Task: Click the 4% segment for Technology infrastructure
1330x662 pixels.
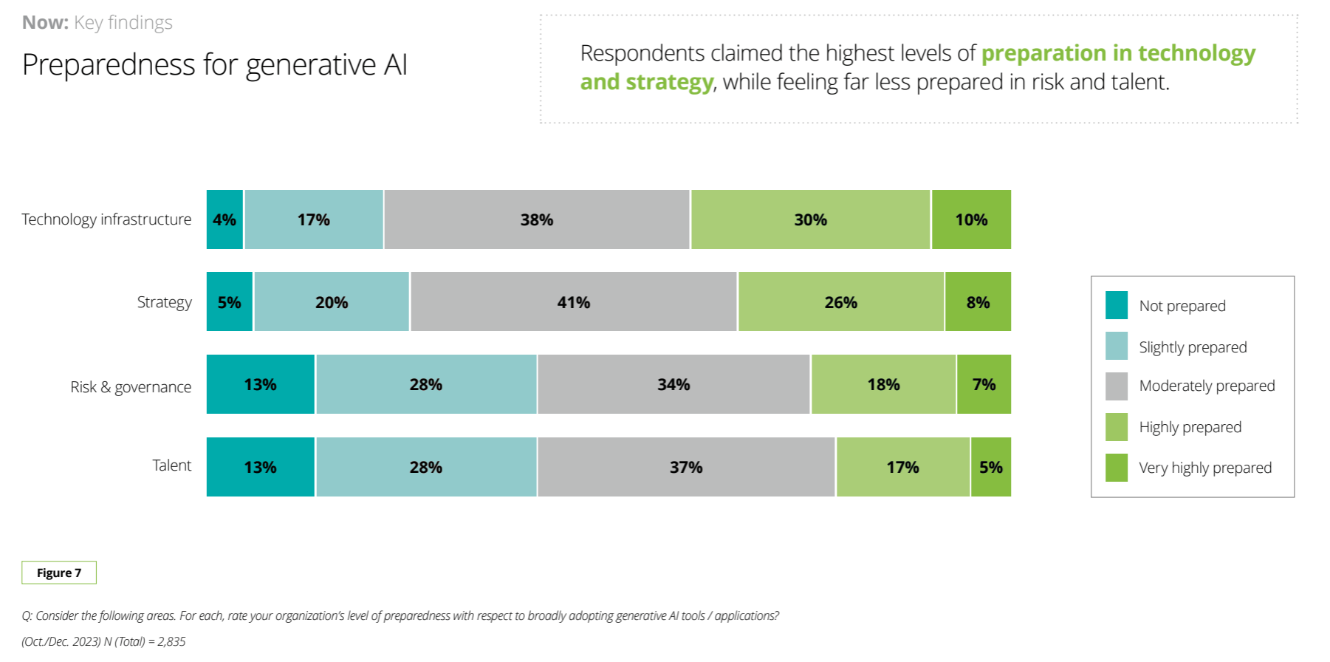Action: (224, 219)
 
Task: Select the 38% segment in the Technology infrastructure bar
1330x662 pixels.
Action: (537, 219)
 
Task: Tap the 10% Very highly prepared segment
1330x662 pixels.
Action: (971, 219)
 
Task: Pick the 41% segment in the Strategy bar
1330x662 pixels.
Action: (574, 302)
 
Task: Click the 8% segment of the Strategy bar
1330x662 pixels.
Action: (978, 302)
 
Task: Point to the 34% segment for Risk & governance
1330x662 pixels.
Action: (673, 384)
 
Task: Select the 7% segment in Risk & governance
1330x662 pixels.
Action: (984, 384)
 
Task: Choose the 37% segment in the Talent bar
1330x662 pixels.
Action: (686, 467)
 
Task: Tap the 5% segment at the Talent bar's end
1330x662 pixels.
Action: (990, 467)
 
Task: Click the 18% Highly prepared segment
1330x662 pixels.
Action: (883, 384)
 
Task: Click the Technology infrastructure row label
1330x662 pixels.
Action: (106, 219)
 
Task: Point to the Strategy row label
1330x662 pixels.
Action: (164, 302)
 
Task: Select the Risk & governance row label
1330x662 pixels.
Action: (131, 387)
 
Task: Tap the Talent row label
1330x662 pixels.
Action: (171, 465)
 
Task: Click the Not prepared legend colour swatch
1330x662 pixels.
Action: (1116, 305)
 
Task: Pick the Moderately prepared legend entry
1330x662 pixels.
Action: (1207, 386)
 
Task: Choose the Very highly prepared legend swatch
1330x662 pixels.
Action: (1116, 468)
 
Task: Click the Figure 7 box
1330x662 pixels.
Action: (59, 573)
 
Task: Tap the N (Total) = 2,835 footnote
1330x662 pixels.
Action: (103, 641)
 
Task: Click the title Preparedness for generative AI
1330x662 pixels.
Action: (214, 65)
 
